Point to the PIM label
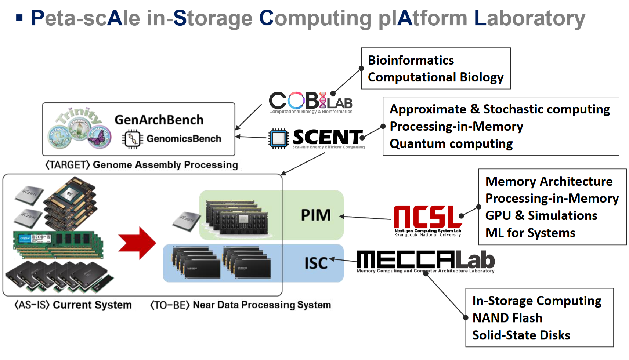(x=315, y=215)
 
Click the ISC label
(x=315, y=263)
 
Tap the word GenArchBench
(x=159, y=120)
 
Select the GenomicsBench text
(x=184, y=139)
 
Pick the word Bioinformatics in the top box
(x=411, y=60)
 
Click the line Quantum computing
(x=451, y=144)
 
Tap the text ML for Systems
(x=530, y=233)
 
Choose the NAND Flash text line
(x=507, y=318)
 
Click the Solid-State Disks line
(x=521, y=335)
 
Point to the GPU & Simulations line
(x=541, y=216)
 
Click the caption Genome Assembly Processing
(x=165, y=165)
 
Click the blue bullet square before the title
(x=19, y=17)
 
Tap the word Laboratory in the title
(x=529, y=18)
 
